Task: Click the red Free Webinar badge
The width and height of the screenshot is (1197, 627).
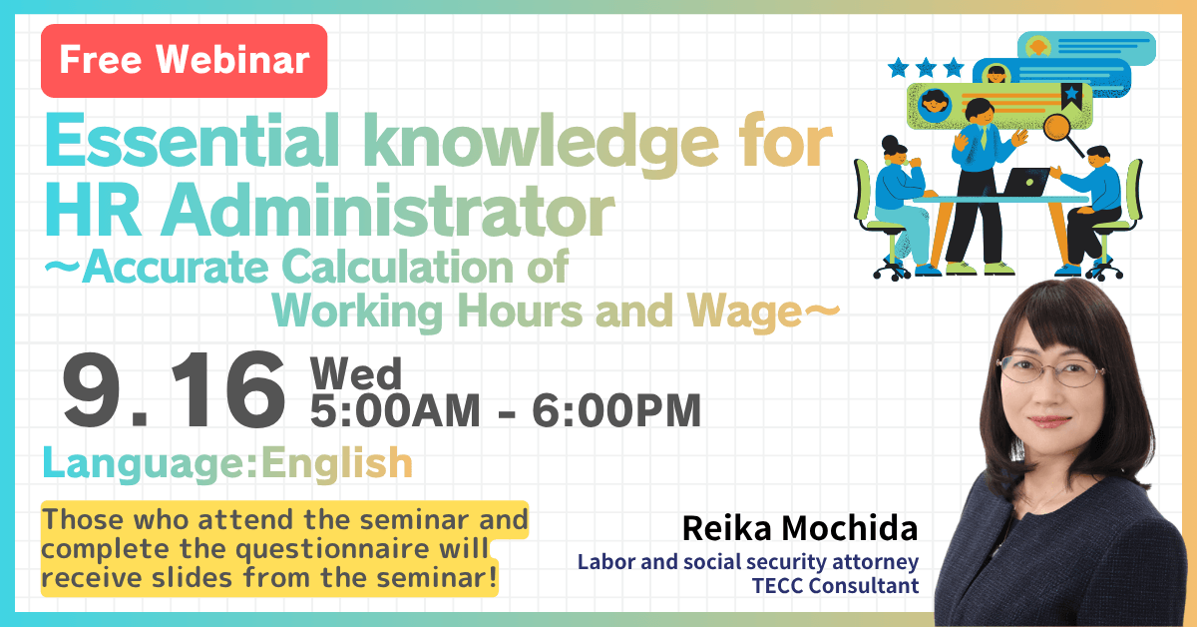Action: (184, 61)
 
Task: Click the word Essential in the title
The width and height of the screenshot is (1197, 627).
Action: (192, 141)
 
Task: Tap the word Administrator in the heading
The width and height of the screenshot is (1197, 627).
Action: (388, 211)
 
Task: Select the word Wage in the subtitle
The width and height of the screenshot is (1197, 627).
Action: (745, 313)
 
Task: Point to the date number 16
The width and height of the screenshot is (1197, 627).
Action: (228, 389)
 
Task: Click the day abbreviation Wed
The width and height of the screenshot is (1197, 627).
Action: (356, 373)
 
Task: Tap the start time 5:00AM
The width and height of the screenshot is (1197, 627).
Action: (395, 411)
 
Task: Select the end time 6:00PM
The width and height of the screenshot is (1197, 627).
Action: (616, 411)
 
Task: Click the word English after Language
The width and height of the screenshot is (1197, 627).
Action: (337, 463)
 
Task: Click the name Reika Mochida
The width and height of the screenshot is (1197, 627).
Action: (800, 528)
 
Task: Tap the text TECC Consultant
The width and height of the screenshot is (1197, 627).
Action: (835, 586)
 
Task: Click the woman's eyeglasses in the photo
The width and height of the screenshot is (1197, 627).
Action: (1050, 371)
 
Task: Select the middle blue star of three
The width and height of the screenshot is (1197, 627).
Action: (926, 68)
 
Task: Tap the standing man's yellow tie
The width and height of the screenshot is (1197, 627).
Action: (984, 138)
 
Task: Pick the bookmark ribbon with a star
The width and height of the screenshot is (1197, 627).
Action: (1071, 96)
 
